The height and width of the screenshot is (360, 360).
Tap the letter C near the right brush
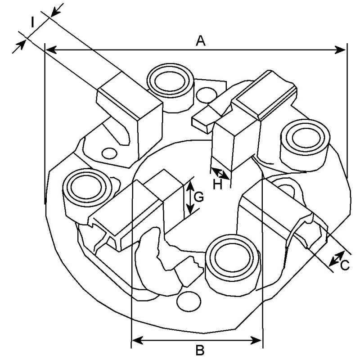tap(345, 266)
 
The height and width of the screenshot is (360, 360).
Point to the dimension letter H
tap(218, 184)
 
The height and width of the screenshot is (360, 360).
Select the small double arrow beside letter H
tap(220, 174)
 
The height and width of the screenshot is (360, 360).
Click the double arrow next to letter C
tap(335, 258)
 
